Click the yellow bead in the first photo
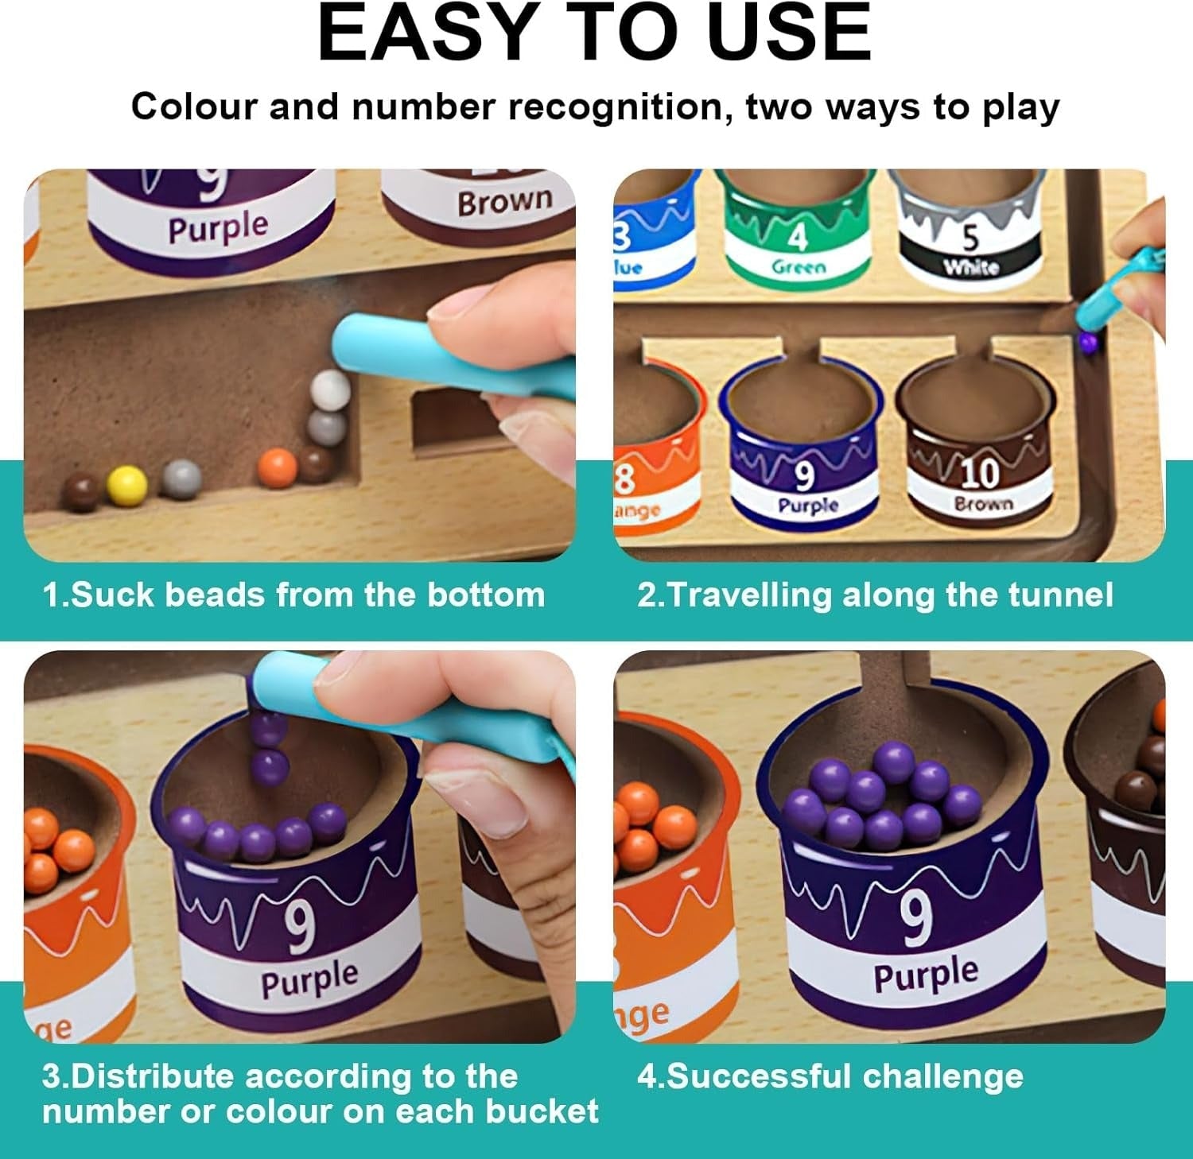click(x=126, y=484)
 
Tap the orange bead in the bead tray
click(x=278, y=468)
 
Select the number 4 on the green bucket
click(x=798, y=236)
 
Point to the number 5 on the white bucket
click(x=970, y=237)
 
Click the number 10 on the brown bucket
click(x=979, y=474)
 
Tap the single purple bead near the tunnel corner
click(x=1087, y=342)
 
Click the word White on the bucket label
click(x=970, y=267)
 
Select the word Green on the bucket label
click(x=798, y=267)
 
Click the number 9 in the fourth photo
click(x=916, y=918)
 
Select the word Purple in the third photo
click(x=309, y=979)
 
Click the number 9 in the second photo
click(x=804, y=476)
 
